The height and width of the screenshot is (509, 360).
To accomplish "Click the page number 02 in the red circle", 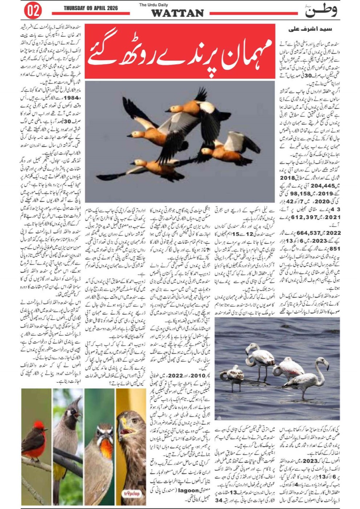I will click(x=33, y=11).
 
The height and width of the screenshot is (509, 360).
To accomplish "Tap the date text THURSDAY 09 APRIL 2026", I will click(x=90, y=8).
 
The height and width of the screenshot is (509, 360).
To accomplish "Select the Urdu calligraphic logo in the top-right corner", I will click(x=321, y=11).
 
